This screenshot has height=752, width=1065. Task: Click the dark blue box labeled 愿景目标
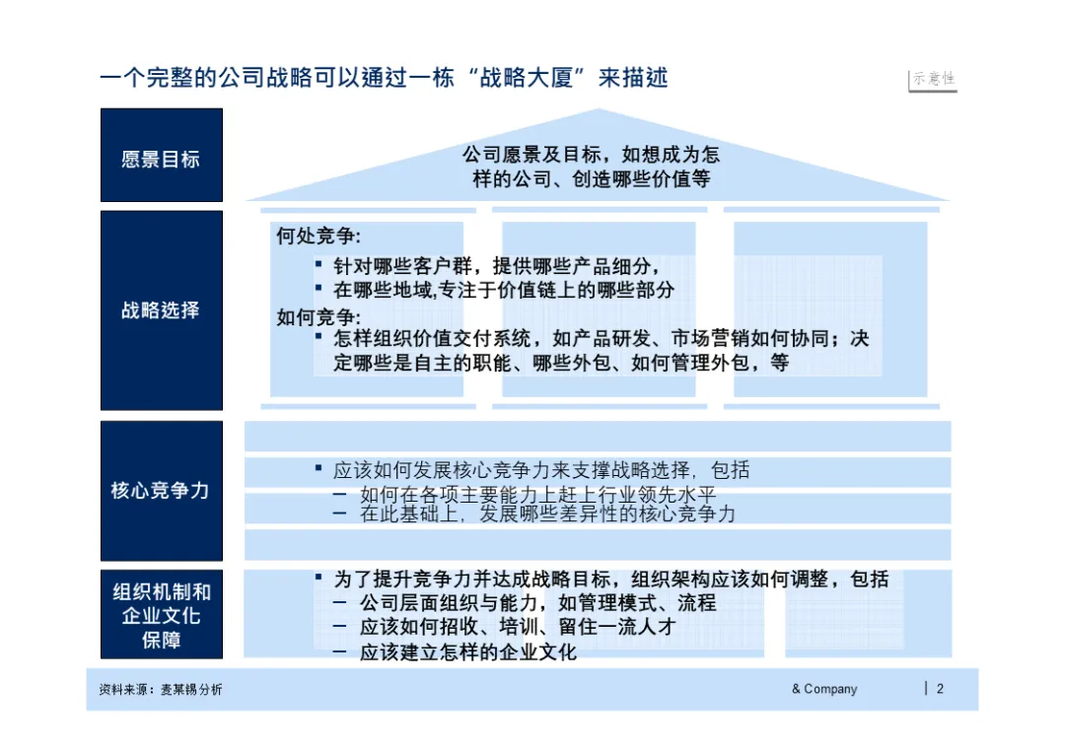click(161, 156)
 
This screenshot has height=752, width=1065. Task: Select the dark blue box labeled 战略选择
click(161, 310)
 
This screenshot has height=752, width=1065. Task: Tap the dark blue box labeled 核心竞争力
click(161, 490)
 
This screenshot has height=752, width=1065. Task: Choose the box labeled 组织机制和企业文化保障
click(161, 615)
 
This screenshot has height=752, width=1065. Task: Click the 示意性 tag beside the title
click(933, 80)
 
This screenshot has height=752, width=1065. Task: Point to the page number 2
click(940, 689)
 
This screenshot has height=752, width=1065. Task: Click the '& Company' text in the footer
click(824, 689)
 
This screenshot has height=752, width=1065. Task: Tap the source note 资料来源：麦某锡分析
click(161, 690)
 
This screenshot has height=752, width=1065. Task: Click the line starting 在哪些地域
click(503, 290)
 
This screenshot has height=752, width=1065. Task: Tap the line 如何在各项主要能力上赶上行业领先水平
click(537, 495)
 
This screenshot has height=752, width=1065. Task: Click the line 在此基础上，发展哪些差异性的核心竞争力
click(547, 514)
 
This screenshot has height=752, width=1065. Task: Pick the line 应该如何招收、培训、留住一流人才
click(518, 627)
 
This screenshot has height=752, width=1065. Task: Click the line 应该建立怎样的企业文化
click(468, 651)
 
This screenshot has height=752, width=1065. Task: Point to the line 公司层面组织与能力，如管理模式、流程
click(537, 602)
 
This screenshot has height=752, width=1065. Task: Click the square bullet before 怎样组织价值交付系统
click(319, 336)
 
